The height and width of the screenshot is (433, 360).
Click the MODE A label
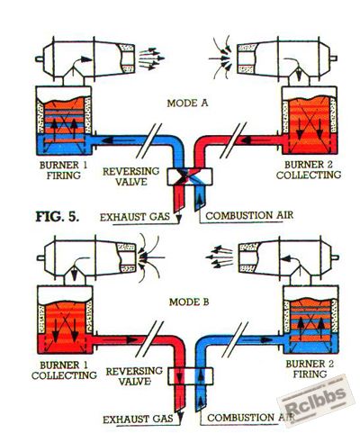(x=187, y=104)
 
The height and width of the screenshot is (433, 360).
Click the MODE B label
(x=189, y=302)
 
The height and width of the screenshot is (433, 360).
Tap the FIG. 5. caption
(x=58, y=216)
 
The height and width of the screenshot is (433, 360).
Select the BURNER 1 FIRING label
(x=63, y=170)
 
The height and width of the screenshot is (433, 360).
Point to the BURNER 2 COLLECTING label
(x=309, y=170)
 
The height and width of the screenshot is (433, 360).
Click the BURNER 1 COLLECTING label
(x=64, y=370)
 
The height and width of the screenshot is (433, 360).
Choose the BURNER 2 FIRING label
(x=310, y=369)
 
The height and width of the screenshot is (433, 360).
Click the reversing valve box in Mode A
(x=190, y=176)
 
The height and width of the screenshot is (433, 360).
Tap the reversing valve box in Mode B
(x=190, y=376)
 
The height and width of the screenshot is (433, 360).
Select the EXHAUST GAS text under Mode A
(x=135, y=217)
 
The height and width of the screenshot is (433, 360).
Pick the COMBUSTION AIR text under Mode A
(x=249, y=215)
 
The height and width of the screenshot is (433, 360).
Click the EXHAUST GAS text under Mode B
(x=138, y=419)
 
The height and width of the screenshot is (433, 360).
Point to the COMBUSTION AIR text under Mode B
(x=251, y=418)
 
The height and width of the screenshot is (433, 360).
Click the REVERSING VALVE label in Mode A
(x=131, y=176)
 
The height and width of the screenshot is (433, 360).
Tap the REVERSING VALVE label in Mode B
(x=134, y=376)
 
